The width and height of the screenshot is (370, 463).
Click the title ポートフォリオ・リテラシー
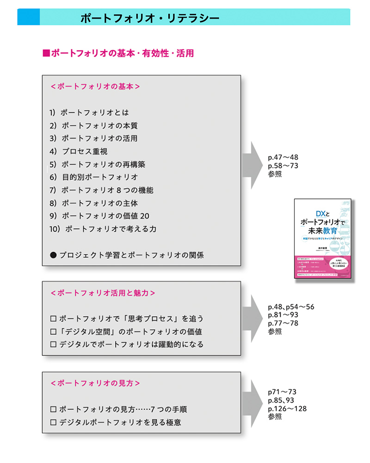coord(149,18)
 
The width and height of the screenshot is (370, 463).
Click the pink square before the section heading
coord(46,53)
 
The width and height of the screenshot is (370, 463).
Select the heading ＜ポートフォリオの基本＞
coord(95,87)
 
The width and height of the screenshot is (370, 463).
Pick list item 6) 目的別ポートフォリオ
coord(93,177)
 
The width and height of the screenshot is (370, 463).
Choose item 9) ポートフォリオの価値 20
coord(99,216)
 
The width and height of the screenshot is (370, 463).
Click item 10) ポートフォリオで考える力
coord(104,229)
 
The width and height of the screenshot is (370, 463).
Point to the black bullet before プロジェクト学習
coord(53,255)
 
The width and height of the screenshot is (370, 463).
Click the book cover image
coord(322,238)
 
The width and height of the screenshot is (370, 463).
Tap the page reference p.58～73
coord(283,166)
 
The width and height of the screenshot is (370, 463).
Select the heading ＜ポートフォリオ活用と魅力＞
coord(102,293)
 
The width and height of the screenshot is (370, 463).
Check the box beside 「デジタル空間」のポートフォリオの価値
coord(53,332)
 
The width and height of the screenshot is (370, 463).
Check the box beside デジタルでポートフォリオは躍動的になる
coord(53,345)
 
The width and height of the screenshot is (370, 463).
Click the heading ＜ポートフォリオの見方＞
coord(95,383)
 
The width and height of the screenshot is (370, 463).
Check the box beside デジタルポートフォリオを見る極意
coord(53,423)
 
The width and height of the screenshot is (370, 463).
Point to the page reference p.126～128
coord(287,408)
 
